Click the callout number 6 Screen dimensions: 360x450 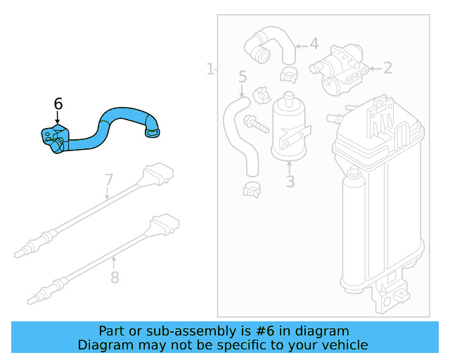pyautogui.click(x=58, y=104)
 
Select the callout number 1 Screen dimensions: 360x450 pyautogui.click(x=210, y=69)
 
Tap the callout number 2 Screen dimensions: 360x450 pyautogui.click(x=387, y=68)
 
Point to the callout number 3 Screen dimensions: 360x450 pyautogui.click(x=290, y=181)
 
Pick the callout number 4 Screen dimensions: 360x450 pyautogui.click(x=314, y=44)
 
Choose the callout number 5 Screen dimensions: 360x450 pyautogui.click(x=243, y=77)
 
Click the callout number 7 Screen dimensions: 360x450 pyautogui.click(x=109, y=180)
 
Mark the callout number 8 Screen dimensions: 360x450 pyautogui.click(x=115, y=277)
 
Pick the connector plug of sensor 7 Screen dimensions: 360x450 pyautogui.click(x=156, y=172)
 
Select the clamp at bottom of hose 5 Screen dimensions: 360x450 pyautogui.click(x=252, y=188)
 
